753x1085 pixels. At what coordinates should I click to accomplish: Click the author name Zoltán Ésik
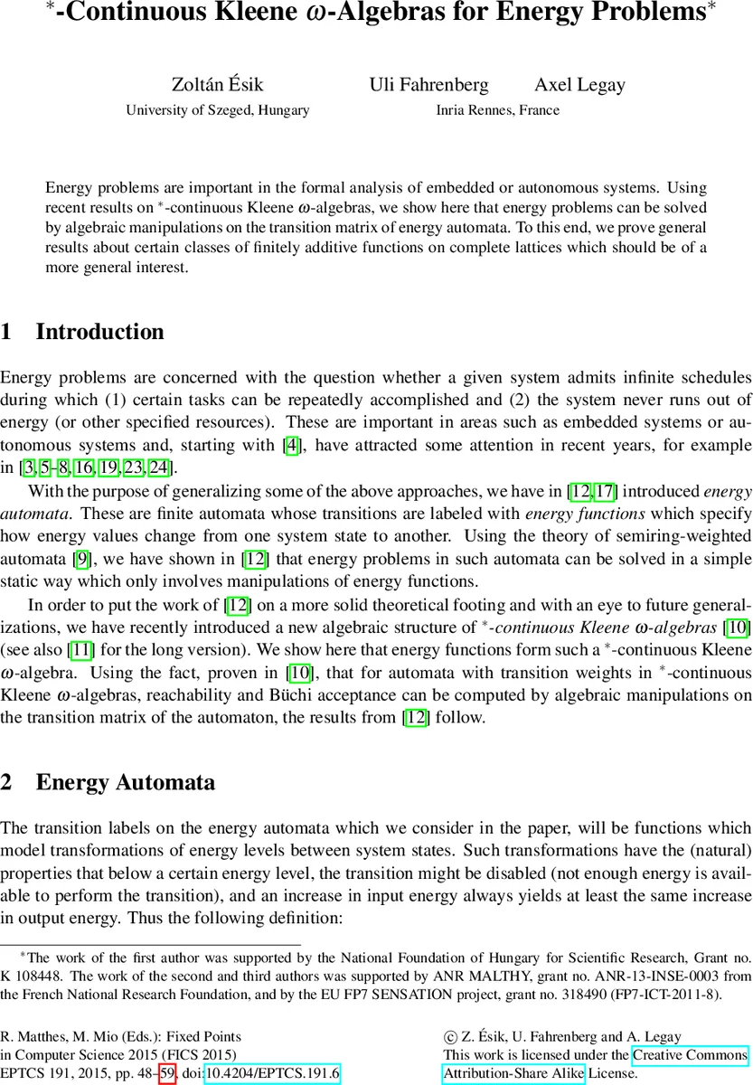coord(217,85)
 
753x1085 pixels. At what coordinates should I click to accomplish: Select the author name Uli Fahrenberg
coord(428,85)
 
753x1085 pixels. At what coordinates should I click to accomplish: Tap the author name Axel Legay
coord(579,85)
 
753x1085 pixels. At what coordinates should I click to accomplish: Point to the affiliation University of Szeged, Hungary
coord(217,110)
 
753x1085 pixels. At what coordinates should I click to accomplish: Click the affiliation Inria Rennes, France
coord(497,110)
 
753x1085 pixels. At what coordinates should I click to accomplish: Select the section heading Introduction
coord(99,332)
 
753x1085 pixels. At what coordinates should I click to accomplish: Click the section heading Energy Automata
coord(125,782)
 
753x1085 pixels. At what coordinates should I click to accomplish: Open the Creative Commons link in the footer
coord(690,1055)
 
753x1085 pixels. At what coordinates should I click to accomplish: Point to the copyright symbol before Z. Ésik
coord(449,1037)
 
